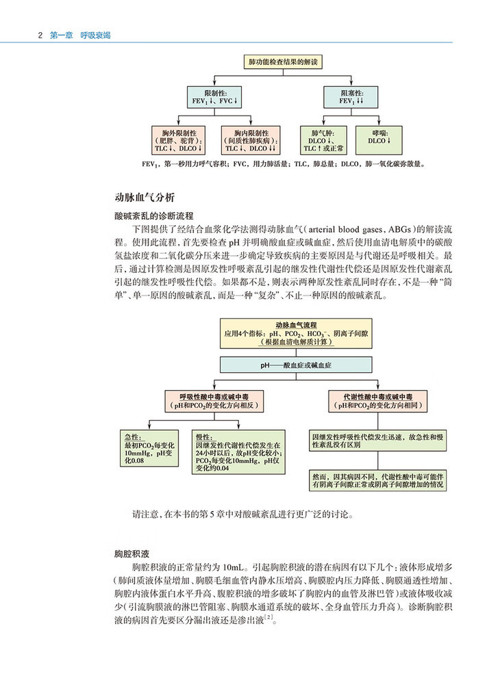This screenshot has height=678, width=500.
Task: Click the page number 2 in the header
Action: [40, 35]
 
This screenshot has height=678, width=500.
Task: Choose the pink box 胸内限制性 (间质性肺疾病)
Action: [250, 140]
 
